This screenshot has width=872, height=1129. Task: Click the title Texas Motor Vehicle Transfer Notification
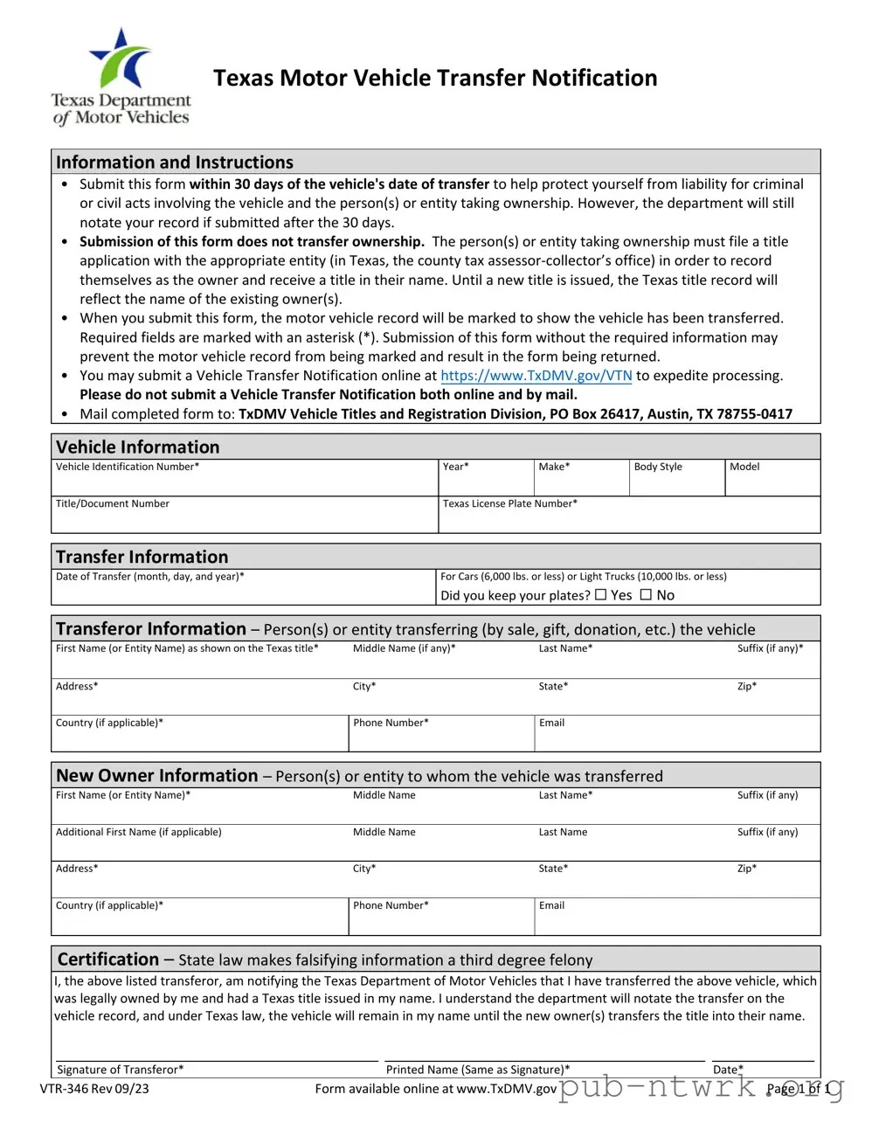point(435,78)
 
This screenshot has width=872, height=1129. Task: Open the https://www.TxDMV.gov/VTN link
point(536,376)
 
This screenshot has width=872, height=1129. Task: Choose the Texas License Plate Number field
point(629,518)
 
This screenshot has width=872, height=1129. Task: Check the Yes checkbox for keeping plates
point(600,595)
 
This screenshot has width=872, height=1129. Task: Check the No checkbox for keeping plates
point(646,595)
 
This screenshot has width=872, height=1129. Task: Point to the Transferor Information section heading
point(151,629)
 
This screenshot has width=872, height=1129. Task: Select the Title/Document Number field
point(245,518)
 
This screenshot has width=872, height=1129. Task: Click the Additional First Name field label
point(139,832)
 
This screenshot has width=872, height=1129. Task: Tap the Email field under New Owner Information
point(677,919)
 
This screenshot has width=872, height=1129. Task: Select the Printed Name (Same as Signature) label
point(478,1070)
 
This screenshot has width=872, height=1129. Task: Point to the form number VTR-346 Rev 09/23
point(94,1089)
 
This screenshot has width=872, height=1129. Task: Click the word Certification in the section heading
point(108,959)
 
